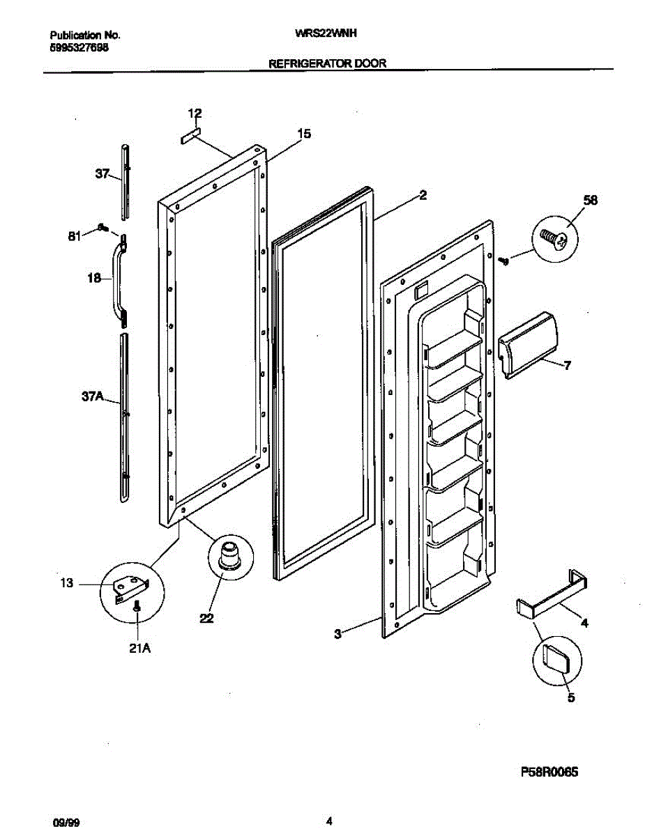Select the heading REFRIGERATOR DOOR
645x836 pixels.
tap(328, 63)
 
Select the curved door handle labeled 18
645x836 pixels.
tap(119, 279)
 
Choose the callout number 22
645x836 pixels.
tap(206, 617)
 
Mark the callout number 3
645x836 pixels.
tap(337, 633)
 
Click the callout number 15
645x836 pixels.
tap(303, 134)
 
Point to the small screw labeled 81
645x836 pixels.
tap(103, 227)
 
